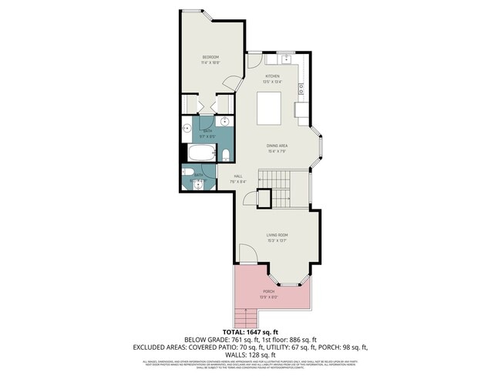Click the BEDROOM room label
(x=211, y=58)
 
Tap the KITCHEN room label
(x=273, y=76)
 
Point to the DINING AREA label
(x=277, y=146)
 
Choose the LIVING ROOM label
(x=277, y=235)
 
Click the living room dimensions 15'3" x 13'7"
(x=277, y=240)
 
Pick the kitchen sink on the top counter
(x=285, y=59)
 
